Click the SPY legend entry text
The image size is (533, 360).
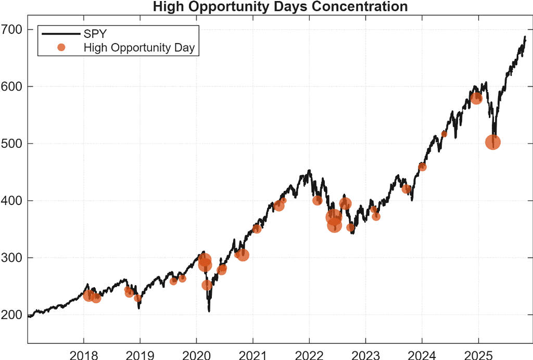(95, 34)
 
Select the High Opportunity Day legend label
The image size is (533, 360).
(139, 48)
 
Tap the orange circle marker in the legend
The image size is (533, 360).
(61, 48)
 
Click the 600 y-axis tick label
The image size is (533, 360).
(11, 86)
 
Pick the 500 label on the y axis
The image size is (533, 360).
(11, 144)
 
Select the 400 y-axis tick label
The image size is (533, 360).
(11, 201)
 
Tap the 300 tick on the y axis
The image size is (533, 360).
(11, 258)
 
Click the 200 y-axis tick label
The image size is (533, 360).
(11, 315)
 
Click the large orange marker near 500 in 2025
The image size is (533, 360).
(493, 143)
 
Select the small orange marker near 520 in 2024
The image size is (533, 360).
(444, 134)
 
